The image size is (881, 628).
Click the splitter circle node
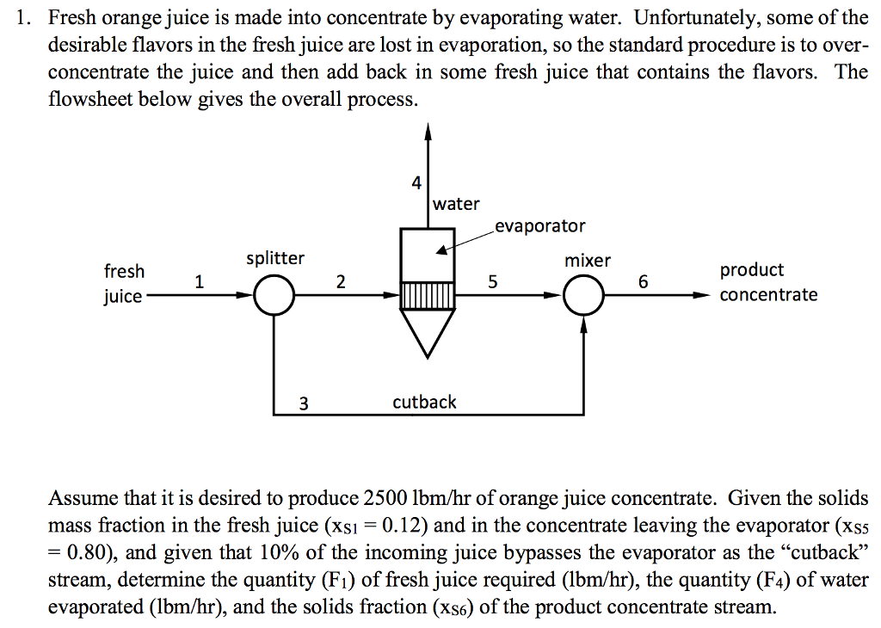274,296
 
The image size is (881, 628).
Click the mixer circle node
585,296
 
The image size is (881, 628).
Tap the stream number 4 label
416,182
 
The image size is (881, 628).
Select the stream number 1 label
200,280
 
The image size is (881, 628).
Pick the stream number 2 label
341,281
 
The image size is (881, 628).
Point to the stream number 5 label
492,281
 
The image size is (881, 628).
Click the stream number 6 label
643,281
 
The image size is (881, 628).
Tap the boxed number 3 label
303,402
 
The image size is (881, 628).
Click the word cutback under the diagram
424,402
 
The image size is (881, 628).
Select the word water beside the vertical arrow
457,204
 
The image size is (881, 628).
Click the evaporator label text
540,226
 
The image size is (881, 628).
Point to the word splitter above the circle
275,258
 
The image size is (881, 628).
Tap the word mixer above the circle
588,260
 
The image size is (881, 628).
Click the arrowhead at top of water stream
428,131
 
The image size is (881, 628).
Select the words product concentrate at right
767,282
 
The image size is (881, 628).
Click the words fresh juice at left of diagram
124,284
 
